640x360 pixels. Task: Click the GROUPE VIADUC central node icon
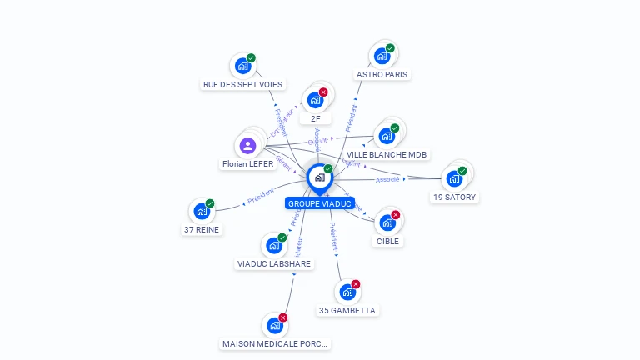pos(319,177)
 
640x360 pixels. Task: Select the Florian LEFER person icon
pos(247,146)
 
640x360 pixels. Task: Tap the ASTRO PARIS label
pos(382,74)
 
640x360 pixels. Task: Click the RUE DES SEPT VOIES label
pos(242,84)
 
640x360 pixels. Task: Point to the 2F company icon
pos(315,100)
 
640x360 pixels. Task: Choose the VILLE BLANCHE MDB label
pos(387,154)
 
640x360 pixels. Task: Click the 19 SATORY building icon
pos(454,178)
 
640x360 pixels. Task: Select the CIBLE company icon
pos(387,222)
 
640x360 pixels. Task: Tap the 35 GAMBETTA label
pos(347,310)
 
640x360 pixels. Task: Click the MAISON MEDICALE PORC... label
pos(275,343)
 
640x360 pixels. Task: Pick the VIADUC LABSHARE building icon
pos(273,246)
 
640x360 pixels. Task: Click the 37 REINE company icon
pos(202,212)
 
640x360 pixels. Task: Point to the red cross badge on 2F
pos(323,92)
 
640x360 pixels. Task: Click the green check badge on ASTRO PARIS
pos(390,48)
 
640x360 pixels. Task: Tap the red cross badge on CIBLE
pos(396,215)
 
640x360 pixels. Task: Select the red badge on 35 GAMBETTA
pos(356,284)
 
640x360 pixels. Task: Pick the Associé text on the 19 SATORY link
pos(387,179)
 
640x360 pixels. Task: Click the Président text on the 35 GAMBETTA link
pos(333,237)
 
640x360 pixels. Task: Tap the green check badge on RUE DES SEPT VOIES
pos(251,58)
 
